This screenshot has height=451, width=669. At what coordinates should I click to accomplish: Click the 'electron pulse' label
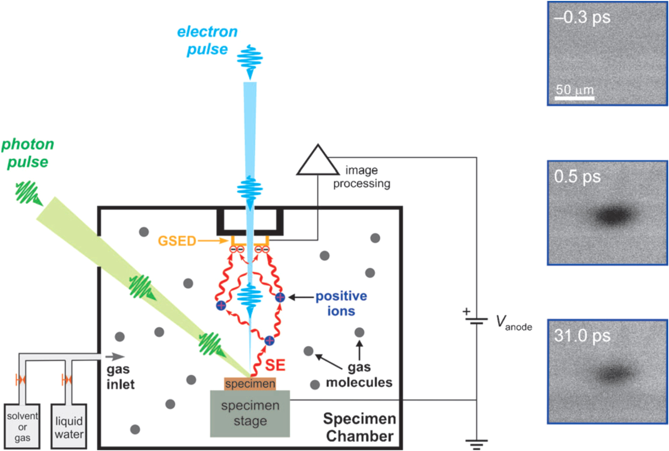[x=207, y=40]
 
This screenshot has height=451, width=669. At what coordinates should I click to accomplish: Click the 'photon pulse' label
[x=28, y=153]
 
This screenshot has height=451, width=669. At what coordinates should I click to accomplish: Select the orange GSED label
[x=176, y=241]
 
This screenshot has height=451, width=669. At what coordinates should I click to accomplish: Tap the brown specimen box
[x=250, y=384]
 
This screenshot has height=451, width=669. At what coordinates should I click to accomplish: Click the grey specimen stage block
[x=250, y=414]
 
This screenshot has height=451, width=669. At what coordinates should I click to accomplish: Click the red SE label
[x=275, y=365]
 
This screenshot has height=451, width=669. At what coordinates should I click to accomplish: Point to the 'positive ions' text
[x=341, y=303]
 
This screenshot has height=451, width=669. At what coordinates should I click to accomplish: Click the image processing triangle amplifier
[x=317, y=162]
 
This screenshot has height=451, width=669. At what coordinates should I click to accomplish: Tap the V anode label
[x=514, y=323]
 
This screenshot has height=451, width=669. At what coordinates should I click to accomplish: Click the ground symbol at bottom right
[x=476, y=444]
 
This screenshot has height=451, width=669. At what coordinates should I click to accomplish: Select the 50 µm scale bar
[x=574, y=98]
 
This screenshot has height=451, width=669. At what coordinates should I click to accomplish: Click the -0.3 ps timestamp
[x=582, y=17]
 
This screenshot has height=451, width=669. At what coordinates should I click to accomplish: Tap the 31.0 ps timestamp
[x=582, y=336]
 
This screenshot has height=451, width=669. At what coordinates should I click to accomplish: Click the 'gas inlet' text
[x=120, y=376]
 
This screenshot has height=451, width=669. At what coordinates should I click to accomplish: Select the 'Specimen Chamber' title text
[x=359, y=427]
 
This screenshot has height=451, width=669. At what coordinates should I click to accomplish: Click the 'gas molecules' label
[x=359, y=375]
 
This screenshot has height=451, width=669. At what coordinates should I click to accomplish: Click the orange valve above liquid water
[x=66, y=379]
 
